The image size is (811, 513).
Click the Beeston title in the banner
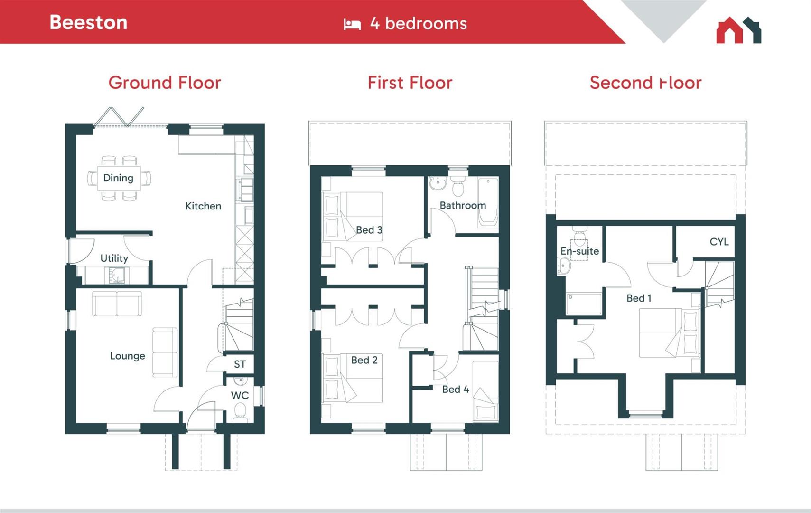(88, 22)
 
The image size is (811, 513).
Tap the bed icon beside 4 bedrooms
(352, 24)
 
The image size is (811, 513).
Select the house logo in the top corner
(738, 30)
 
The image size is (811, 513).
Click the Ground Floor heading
(165, 83)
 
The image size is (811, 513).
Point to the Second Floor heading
(645, 83)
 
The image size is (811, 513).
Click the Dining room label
(118, 178)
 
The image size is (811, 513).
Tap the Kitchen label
(203, 206)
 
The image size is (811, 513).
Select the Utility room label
(114, 258)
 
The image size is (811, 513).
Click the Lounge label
(127, 356)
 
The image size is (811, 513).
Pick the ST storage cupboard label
(240, 364)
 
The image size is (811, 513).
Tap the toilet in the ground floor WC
(240, 411)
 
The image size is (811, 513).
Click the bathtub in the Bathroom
(487, 202)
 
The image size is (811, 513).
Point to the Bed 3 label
(369, 230)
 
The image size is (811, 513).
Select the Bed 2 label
(364, 360)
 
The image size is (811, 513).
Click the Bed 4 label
(455, 389)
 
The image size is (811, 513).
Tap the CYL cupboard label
(718, 241)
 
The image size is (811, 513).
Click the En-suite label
(579, 251)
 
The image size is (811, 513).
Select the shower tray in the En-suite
(584, 304)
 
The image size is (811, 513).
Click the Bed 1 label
(638, 298)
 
